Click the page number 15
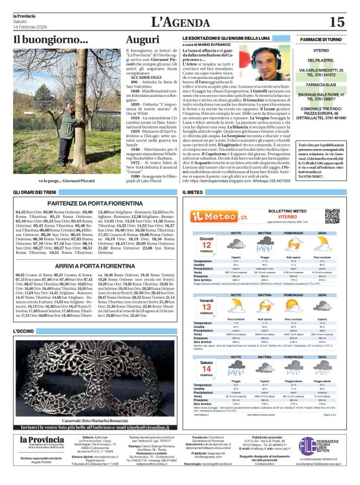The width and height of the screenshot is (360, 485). (x=336, y=22)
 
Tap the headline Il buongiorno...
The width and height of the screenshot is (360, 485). (x=51, y=40)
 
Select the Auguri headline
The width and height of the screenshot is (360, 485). (x=142, y=40)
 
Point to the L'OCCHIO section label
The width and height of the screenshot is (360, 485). (x=24, y=330)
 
